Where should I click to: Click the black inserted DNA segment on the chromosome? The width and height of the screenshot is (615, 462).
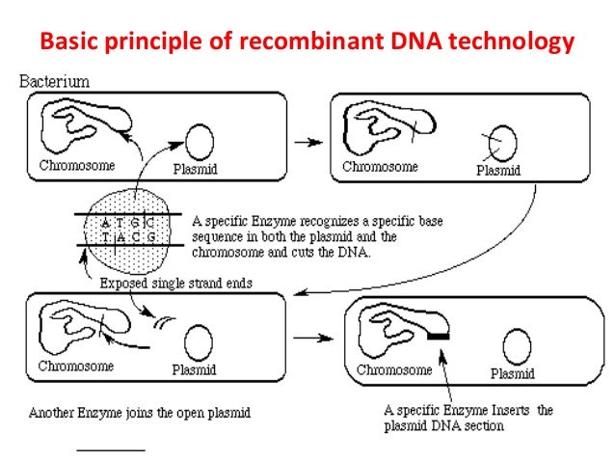point(441,335)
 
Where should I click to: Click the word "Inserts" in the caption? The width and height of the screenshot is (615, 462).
point(510,411)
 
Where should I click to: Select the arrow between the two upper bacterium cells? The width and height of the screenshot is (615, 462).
point(307,142)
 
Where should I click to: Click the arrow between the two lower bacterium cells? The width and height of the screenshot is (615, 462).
point(307,340)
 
